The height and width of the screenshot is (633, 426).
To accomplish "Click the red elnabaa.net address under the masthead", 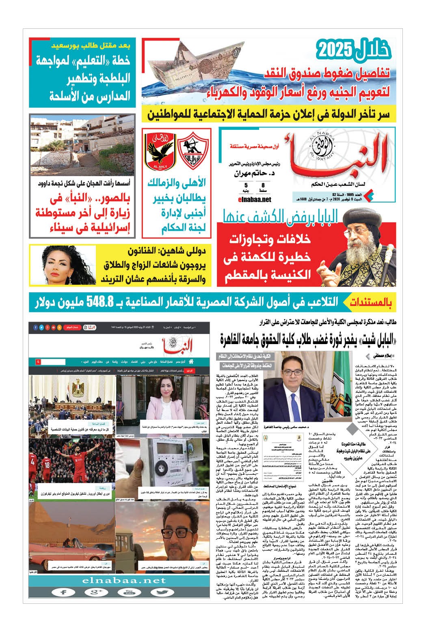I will (255, 199).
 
